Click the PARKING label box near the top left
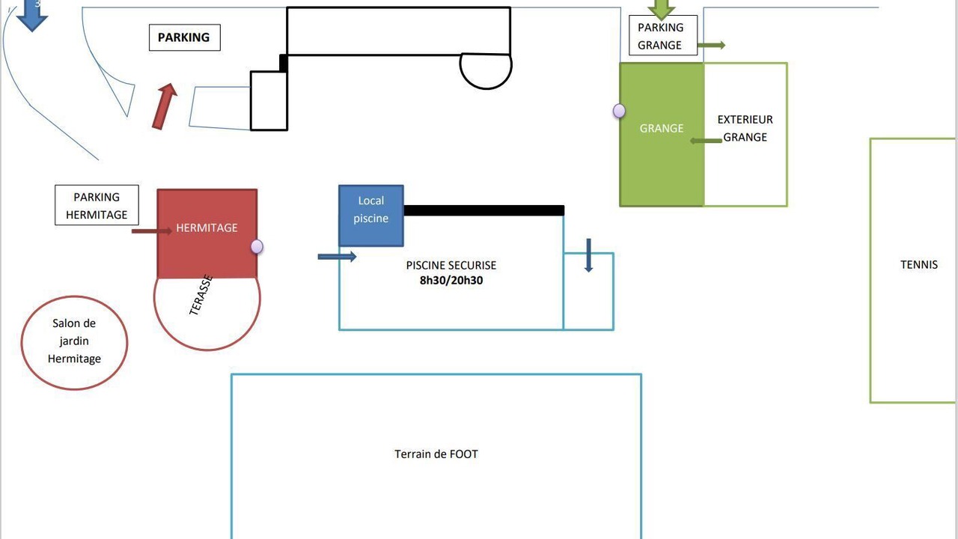185,37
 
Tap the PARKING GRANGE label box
663,35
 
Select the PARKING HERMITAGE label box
97,205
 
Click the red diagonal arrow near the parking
165,106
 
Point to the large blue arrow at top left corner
32,15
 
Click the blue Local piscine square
370,216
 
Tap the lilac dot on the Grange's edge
619,112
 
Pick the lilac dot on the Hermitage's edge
257,246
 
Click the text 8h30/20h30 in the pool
451,281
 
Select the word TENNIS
919,265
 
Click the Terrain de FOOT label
436,454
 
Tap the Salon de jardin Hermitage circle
74,296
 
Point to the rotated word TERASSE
201,295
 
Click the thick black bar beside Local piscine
484,210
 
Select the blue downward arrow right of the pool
588,255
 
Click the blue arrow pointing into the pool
337,257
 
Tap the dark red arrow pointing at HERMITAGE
152,231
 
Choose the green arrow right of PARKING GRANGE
712,45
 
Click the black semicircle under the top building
486,88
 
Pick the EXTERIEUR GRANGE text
745,128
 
